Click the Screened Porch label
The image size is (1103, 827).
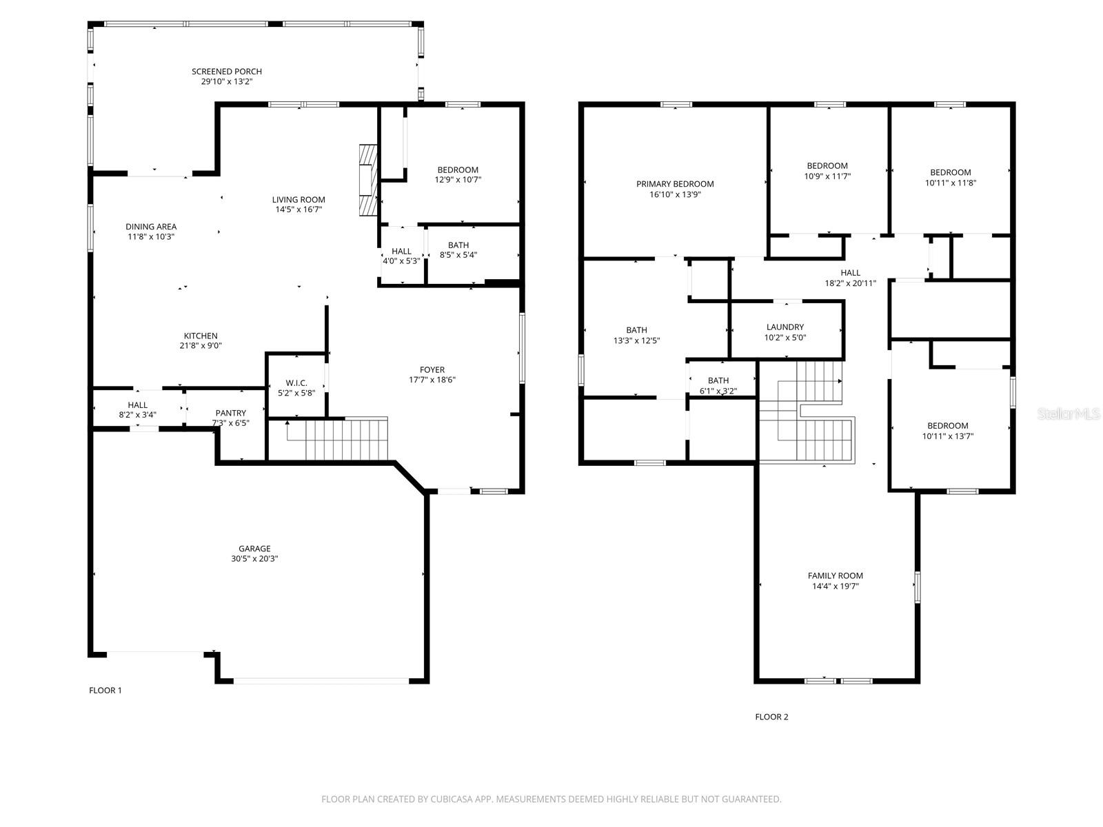[227, 72]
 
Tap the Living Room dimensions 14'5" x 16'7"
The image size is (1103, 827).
[298, 210]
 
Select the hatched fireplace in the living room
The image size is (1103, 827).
[368, 181]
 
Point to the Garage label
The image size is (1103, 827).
[254, 549]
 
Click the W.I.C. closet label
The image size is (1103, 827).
[296, 383]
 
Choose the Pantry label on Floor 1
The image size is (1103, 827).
[231, 413]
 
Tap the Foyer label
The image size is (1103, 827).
[432, 370]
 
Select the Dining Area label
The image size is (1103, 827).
[151, 227]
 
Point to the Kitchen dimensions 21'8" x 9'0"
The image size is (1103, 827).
[201, 345]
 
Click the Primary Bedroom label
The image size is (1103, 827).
[675, 184]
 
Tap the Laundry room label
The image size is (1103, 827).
[785, 327]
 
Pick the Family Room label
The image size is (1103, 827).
[835, 576]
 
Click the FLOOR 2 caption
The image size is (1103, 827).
[771, 717]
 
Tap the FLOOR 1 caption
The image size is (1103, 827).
[105, 691]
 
